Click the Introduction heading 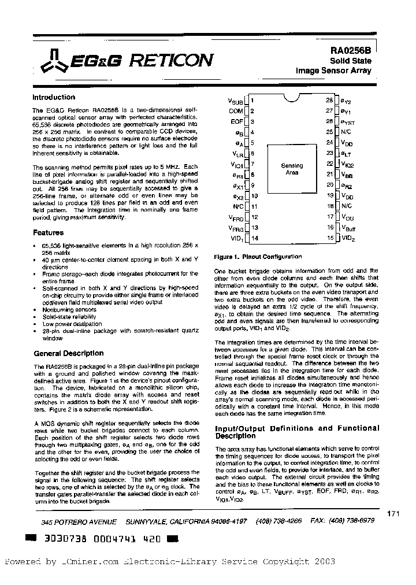click(x=54, y=97)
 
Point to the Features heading click(x=48, y=233)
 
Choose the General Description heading click(x=69, y=353)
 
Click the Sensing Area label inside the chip click(x=292, y=169)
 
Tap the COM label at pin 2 click(x=236, y=110)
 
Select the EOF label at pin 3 click(x=237, y=121)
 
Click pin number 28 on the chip click(x=329, y=99)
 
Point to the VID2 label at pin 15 click(x=348, y=238)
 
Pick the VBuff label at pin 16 click(x=348, y=228)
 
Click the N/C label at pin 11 click(x=238, y=206)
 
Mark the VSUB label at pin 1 click(x=236, y=100)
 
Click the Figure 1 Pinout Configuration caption click(x=258, y=256)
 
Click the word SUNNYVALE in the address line click(x=146, y=521)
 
